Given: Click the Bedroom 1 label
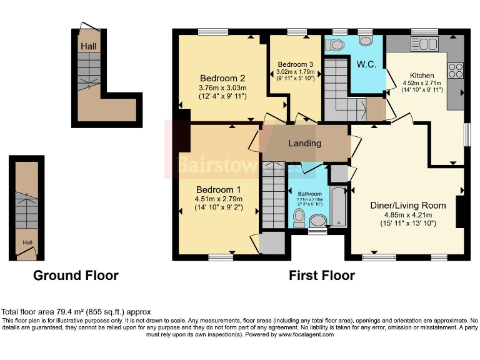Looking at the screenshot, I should (x=218, y=189).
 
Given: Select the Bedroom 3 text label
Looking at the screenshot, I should (x=296, y=64).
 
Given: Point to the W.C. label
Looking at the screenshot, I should (x=366, y=64).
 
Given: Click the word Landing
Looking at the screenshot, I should (x=304, y=143).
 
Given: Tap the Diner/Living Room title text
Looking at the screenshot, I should (x=407, y=205).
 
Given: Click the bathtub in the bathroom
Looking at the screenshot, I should (x=338, y=207).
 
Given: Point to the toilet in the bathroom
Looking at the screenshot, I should (x=299, y=218).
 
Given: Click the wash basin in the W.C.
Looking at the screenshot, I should (x=366, y=41).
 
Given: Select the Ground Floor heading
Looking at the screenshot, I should (x=76, y=275).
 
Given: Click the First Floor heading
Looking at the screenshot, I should (x=322, y=275).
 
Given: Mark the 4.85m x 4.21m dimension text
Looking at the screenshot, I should (x=407, y=214).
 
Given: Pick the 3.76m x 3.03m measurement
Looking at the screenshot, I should (x=222, y=87).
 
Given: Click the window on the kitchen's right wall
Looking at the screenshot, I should (x=467, y=134).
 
